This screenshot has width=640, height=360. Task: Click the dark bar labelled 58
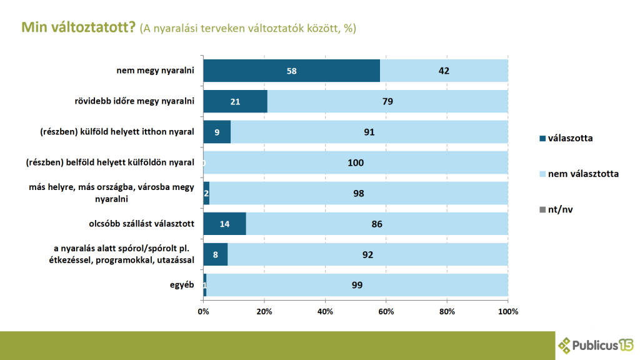(x=291, y=71)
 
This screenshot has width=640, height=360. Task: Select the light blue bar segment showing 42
(x=444, y=71)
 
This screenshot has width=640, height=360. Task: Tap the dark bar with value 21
(x=235, y=101)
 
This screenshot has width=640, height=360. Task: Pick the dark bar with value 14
(x=224, y=224)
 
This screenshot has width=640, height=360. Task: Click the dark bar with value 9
(x=217, y=132)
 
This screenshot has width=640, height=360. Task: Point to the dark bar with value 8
(x=216, y=254)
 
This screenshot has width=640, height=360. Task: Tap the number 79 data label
(x=387, y=101)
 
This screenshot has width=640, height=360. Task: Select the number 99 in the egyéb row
(x=357, y=285)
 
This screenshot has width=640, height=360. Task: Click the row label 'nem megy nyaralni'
(x=156, y=71)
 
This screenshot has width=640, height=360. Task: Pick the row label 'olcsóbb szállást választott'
(x=142, y=224)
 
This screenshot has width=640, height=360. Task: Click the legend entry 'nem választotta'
(x=583, y=174)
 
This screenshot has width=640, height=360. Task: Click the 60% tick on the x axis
(x=386, y=311)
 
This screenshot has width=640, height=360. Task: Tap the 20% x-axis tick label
(x=264, y=311)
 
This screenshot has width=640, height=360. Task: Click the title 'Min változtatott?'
(x=78, y=28)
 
